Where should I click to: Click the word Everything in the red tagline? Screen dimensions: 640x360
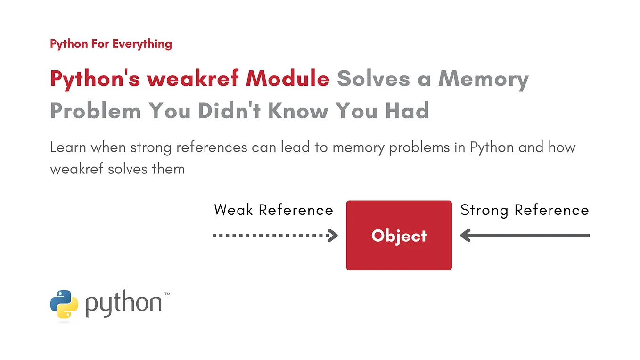(x=142, y=44)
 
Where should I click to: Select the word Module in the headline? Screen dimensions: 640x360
(x=287, y=78)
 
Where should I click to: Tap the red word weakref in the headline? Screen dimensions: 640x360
(x=193, y=78)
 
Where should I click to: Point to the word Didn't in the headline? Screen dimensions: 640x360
(x=230, y=110)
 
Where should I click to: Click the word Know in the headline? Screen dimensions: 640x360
(x=298, y=110)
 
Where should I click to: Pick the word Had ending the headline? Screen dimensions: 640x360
(x=407, y=110)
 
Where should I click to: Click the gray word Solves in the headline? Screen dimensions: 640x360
(x=373, y=78)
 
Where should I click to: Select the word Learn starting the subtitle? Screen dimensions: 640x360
(x=68, y=147)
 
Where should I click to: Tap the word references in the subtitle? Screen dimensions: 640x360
(x=212, y=147)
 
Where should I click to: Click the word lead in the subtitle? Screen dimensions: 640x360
(x=295, y=147)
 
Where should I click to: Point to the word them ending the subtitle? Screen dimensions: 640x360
(x=168, y=169)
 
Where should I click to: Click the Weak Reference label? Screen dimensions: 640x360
(x=273, y=210)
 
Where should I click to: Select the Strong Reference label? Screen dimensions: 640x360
(x=525, y=211)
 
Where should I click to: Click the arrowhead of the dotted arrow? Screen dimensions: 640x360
(x=333, y=236)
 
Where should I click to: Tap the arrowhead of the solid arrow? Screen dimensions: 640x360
(x=466, y=236)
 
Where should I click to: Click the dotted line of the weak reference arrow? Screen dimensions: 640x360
(x=270, y=236)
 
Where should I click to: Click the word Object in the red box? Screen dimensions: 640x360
(x=399, y=237)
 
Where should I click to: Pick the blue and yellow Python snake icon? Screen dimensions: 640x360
(x=64, y=304)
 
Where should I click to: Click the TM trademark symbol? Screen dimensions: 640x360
(x=167, y=294)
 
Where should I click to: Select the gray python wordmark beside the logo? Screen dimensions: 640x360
(x=123, y=303)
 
